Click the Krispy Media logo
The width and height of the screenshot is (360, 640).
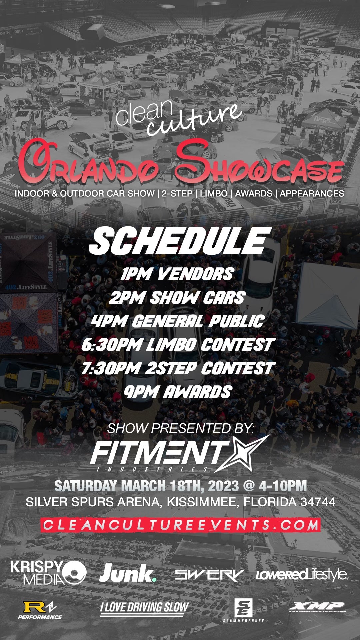click(x=48, y=572)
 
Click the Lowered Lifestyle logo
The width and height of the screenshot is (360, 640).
click(x=302, y=574)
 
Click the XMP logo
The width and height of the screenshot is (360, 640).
click(x=317, y=607)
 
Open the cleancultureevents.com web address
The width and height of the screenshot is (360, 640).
click(x=180, y=525)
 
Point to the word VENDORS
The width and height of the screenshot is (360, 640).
click(x=195, y=274)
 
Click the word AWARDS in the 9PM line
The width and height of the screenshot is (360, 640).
click(x=197, y=392)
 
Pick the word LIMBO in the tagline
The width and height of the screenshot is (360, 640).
click(x=214, y=193)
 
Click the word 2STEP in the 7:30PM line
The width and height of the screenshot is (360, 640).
click(x=171, y=368)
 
